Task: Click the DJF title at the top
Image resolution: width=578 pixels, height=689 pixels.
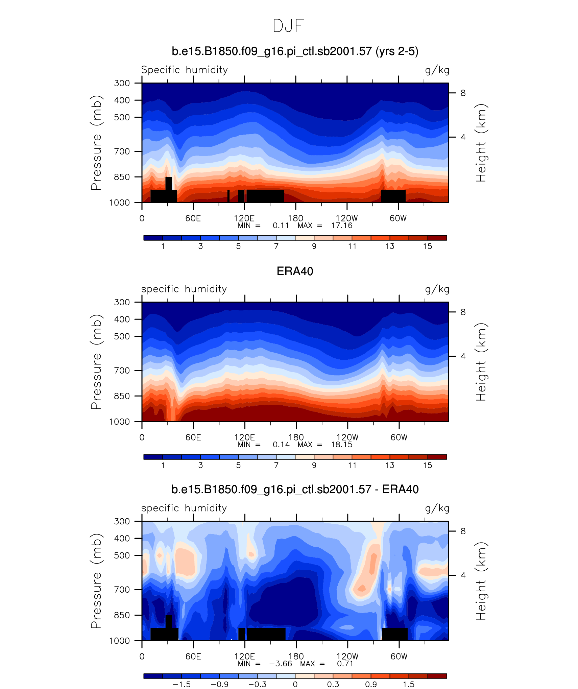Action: (x=288, y=26)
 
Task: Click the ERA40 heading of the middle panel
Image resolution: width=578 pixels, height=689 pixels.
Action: (x=295, y=271)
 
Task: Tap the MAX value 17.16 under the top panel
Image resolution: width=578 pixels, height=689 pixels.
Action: (x=341, y=225)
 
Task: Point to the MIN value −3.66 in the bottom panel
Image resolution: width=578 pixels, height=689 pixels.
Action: (x=280, y=664)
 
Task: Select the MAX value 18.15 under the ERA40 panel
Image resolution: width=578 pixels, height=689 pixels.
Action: (x=341, y=445)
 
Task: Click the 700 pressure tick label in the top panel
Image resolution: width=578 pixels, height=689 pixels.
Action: (x=122, y=151)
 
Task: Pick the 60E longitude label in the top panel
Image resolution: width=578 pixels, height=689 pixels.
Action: (x=193, y=218)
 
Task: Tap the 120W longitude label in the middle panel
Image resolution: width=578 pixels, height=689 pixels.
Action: (x=347, y=437)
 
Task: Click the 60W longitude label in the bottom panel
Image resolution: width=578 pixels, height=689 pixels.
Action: (x=399, y=657)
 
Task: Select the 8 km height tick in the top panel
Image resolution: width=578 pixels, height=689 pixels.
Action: (x=463, y=93)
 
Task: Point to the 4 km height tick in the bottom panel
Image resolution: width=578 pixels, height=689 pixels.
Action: (x=463, y=575)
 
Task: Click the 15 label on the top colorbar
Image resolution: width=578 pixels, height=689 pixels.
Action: (x=428, y=246)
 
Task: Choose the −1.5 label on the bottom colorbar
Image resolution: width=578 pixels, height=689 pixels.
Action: (x=182, y=685)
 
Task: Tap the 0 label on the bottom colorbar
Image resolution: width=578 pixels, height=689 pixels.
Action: (x=295, y=685)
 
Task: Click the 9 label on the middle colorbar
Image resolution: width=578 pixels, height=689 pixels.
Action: (x=314, y=466)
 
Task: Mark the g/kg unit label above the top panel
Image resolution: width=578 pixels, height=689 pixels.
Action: (x=437, y=70)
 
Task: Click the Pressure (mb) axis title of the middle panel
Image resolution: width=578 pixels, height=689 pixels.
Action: (x=96, y=362)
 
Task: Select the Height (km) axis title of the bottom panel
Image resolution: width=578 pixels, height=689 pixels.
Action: (x=481, y=581)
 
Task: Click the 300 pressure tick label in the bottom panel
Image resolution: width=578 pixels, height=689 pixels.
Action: (x=122, y=521)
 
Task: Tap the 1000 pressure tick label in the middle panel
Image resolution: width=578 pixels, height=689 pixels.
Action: (x=119, y=422)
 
